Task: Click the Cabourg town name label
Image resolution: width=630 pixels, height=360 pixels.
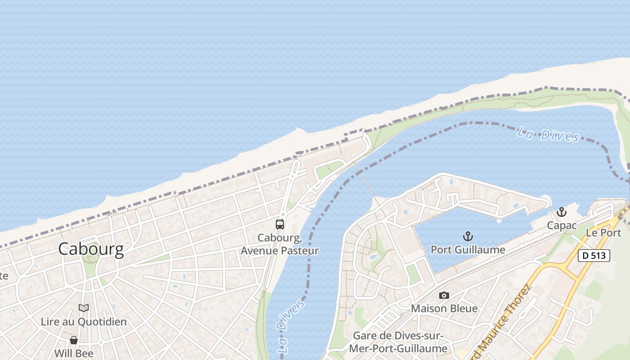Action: pos(90,249)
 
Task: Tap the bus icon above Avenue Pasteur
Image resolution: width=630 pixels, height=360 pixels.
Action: pos(279,224)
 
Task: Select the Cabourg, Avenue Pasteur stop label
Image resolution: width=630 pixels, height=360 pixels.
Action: pos(279,244)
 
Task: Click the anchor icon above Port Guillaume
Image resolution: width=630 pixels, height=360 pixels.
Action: pos(468,236)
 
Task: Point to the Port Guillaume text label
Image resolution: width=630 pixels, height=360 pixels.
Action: pos(468,250)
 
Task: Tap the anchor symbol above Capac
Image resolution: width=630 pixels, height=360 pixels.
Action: pos(561,212)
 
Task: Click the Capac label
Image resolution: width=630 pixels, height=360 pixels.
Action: pos(562,225)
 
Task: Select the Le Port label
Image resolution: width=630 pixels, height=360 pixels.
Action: pos(603,233)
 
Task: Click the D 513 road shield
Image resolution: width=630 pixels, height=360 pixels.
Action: pos(594,256)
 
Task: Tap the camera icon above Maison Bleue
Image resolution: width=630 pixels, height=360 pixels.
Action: pos(444,295)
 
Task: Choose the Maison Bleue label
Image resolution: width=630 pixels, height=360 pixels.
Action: pos(444,309)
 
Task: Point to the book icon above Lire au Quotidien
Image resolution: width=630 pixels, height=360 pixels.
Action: pos(83,308)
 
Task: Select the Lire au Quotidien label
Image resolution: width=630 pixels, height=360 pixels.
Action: pos(83,322)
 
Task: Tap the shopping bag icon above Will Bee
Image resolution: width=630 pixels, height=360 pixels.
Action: pos(73,340)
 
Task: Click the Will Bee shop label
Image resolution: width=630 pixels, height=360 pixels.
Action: pos(73,353)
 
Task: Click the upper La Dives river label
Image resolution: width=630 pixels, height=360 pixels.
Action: pos(548,134)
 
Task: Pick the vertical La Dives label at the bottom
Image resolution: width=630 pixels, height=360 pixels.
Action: pos(291,326)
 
